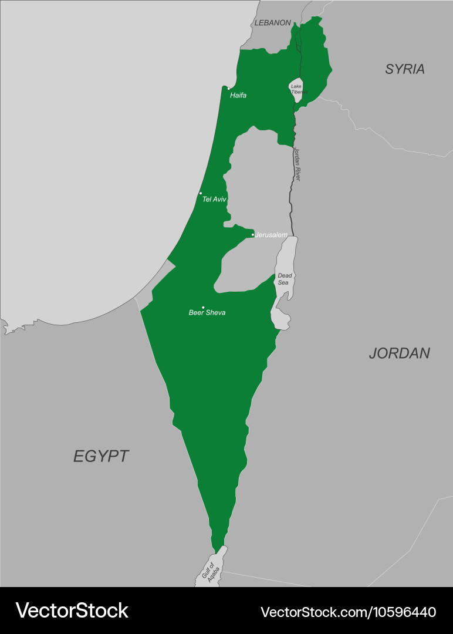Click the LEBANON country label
click(272, 23)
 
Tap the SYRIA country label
click(405, 69)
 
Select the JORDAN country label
click(399, 353)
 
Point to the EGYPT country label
click(101, 456)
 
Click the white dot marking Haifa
click(229, 89)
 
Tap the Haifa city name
click(238, 95)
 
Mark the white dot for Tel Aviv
click(201, 193)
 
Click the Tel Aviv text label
click(214, 200)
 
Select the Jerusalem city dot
click(253, 235)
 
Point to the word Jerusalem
click(271, 235)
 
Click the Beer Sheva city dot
click(203, 307)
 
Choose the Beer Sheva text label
click(207, 313)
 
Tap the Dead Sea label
click(284, 279)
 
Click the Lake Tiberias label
click(298, 89)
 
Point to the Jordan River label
click(297, 164)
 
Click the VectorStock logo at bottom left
click(72, 611)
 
